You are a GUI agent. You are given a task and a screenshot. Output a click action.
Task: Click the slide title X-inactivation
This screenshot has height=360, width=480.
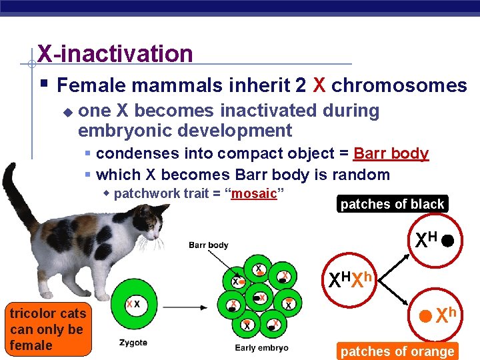pyautogui.click(x=115, y=53)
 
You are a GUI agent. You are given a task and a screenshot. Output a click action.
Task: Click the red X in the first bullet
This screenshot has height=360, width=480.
pyautogui.click(x=319, y=85)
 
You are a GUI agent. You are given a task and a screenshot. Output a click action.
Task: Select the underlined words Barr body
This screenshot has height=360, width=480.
pyautogui.click(x=391, y=153)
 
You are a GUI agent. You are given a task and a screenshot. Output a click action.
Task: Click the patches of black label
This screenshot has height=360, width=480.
pyautogui.click(x=392, y=204)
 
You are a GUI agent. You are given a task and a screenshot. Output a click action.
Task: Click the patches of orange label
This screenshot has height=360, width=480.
pyautogui.click(x=397, y=351)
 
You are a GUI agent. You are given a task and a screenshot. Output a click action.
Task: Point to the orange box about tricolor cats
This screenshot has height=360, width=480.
pyautogui.click(x=47, y=329)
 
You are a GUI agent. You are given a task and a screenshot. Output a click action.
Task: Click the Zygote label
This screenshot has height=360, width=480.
pyautogui.click(x=133, y=343)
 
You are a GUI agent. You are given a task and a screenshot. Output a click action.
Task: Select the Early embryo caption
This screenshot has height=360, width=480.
pyautogui.click(x=261, y=347)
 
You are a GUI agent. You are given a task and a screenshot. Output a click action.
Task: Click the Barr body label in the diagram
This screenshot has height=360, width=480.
pyautogui.click(x=208, y=245)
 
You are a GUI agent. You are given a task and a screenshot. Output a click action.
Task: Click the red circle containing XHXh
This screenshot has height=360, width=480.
pyautogui.click(x=352, y=281)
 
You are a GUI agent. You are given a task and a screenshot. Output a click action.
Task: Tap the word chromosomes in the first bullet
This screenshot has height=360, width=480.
pyautogui.click(x=399, y=85)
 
